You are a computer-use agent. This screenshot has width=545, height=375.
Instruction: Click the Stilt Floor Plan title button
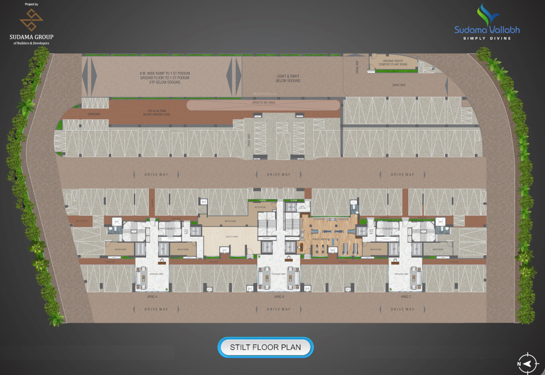pyautogui.click(x=266, y=347)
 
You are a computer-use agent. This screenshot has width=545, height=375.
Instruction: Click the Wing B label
pyautogui.click(x=278, y=297)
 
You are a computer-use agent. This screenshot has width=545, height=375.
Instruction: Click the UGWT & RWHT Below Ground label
pyautogui.click(x=288, y=77)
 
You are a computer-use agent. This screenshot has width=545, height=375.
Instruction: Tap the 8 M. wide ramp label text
pyautogui.click(x=164, y=76)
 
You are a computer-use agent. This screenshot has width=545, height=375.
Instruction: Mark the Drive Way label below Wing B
pyautogui.click(x=278, y=309)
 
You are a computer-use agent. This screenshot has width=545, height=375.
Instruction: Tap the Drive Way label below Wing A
pyautogui.click(x=156, y=309)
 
